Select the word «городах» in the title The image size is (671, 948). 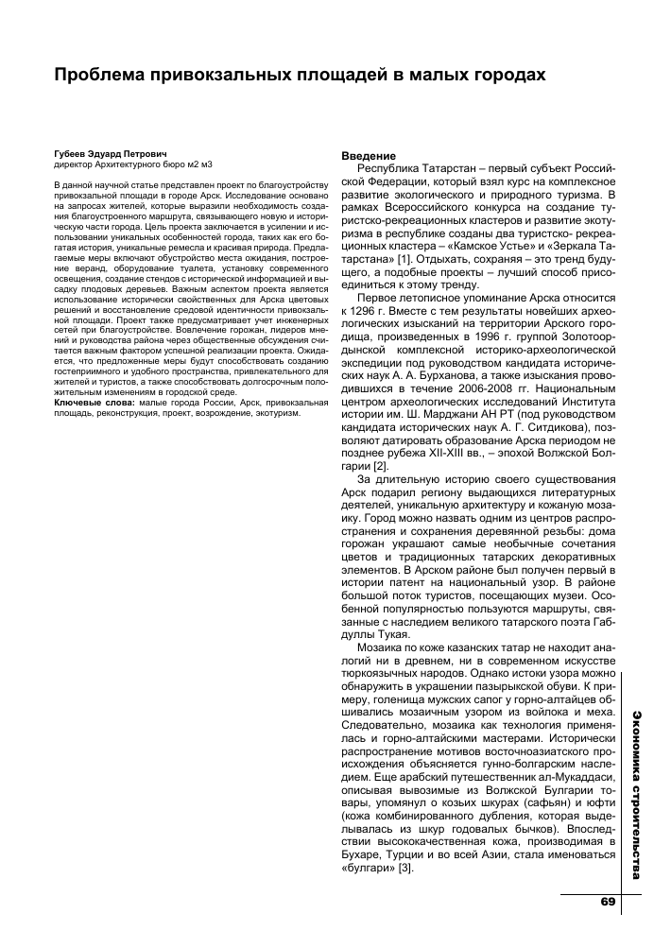point(496,74)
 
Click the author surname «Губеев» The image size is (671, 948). point(74,152)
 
